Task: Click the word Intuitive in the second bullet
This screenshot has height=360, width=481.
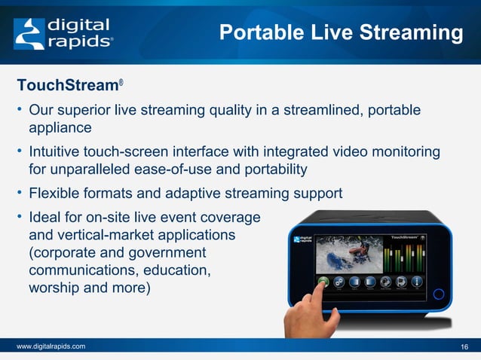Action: click(57, 153)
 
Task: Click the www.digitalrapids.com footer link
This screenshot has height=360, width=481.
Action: click(51, 346)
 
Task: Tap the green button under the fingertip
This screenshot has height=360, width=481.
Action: click(323, 282)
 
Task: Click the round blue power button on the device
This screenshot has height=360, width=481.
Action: click(441, 292)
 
